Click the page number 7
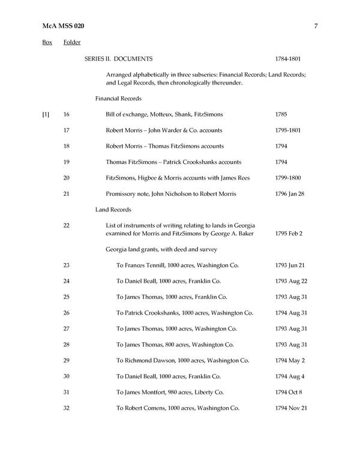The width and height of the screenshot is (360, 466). pyautogui.click(x=315, y=25)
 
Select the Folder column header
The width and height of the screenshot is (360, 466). pyautogui.click(x=72, y=43)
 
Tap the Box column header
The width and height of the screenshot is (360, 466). pyautogui.click(x=47, y=43)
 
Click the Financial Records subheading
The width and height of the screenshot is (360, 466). pyautogui.click(x=118, y=98)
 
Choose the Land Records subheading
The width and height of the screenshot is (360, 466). pyautogui.click(x=113, y=210)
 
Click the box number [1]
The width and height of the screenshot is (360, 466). pyautogui.click(x=46, y=114)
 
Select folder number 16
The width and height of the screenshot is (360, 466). pyautogui.click(x=67, y=114)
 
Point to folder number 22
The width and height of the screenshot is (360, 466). pyautogui.click(x=67, y=225)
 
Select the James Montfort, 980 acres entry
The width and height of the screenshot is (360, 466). pyautogui.click(x=173, y=392)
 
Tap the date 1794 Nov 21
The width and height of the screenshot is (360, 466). pyautogui.click(x=292, y=408)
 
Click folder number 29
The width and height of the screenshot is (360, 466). pyautogui.click(x=67, y=360)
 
